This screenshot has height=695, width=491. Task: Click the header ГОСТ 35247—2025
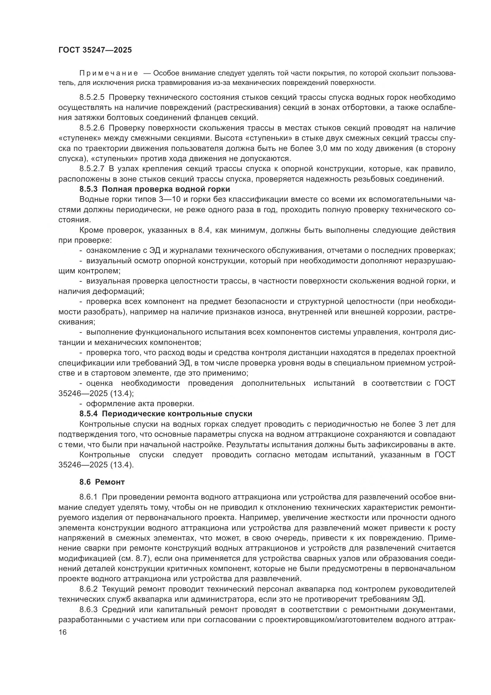tap(95, 50)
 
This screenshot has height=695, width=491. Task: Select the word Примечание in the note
tap(109, 73)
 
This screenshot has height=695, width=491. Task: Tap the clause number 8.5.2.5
tap(92, 97)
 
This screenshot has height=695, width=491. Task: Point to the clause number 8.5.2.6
tap(92, 128)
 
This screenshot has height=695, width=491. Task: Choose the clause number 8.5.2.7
tap(92, 168)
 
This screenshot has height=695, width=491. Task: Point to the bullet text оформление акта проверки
tap(140, 404)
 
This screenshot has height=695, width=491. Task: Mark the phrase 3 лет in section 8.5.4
tap(430, 424)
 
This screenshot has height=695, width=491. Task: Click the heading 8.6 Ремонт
tap(102, 482)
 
